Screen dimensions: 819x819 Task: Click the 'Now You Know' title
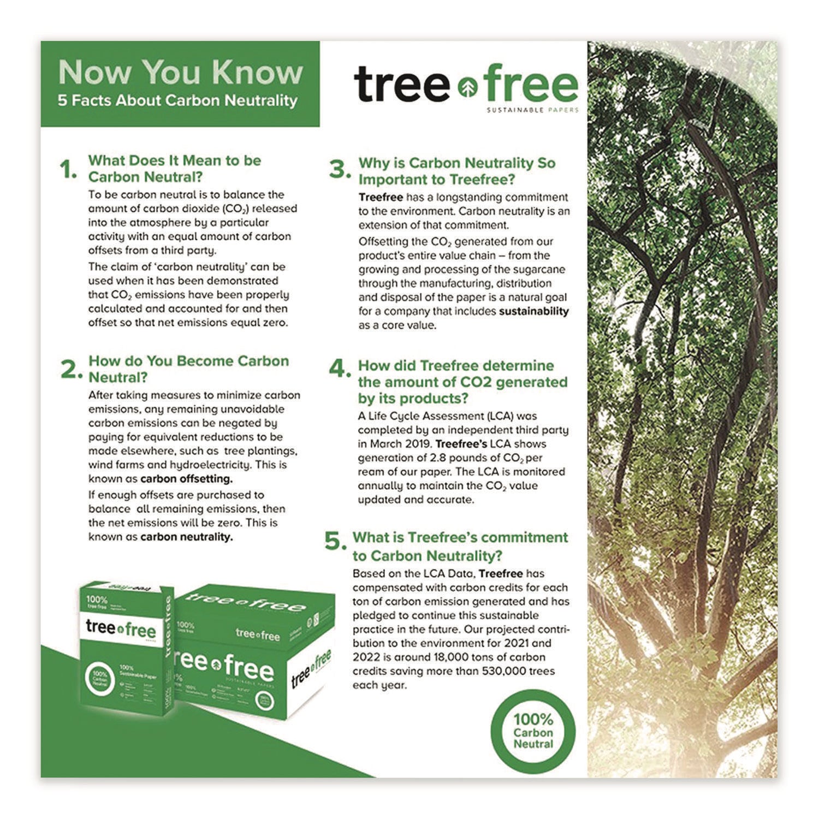point(180,73)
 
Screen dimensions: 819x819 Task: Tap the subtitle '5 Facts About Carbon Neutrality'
point(178,101)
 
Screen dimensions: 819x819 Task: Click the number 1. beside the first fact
point(69,170)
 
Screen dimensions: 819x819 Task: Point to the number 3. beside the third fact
point(340,170)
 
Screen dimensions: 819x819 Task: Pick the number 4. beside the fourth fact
point(340,370)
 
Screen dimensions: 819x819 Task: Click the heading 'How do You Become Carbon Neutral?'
point(188,369)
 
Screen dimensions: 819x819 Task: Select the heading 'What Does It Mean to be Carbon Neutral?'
point(175,169)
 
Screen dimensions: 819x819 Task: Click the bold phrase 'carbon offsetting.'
point(186,479)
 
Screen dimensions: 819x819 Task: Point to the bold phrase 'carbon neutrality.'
point(186,537)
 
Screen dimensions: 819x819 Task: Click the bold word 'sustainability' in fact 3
point(533,311)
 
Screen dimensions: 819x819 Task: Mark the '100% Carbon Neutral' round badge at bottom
point(533,732)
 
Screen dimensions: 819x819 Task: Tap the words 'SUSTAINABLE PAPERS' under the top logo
point(532,110)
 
